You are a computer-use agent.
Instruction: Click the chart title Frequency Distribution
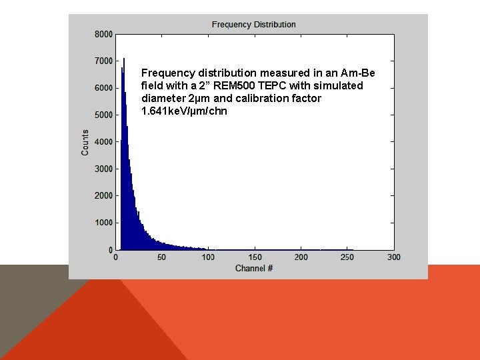(253, 25)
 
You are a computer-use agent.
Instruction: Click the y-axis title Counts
(85, 143)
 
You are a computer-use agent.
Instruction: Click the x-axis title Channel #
(254, 268)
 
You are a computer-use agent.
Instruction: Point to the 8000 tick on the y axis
(103, 34)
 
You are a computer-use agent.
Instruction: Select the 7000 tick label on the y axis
(103, 61)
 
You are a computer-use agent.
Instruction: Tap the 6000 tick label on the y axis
(103, 88)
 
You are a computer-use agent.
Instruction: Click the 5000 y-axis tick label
(103, 115)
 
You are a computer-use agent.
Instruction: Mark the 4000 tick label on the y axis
(103, 142)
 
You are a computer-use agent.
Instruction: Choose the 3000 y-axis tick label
(103, 169)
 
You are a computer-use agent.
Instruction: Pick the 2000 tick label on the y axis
(103, 196)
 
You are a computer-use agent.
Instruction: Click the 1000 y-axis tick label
(103, 223)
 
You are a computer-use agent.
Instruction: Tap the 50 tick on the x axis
(163, 257)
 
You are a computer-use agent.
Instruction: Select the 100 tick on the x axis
(209, 257)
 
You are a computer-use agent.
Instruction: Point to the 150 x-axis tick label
(255, 257)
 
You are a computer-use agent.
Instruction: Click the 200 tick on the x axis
(301, 257)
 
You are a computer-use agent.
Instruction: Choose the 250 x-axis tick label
(347, 257)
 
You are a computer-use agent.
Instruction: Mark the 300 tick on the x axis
(393, 257)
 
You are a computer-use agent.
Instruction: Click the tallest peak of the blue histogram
(124, 60)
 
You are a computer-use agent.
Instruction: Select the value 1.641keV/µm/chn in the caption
(184, 111)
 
